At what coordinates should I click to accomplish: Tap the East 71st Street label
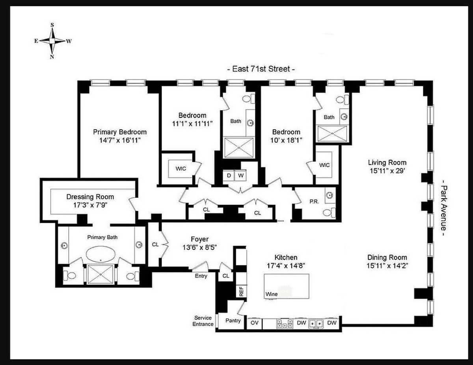click(x=261, y=69)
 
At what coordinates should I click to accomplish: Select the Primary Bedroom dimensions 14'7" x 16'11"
click(x=119, y=140)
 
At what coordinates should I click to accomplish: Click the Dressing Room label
click(x=90, y=197)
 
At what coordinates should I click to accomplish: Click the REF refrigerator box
click(x=241, y=291)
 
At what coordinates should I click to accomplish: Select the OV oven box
click(x=254, y=323)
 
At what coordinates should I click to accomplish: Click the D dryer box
click(x=229, y=175)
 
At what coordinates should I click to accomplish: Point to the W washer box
click(x=240, y=175)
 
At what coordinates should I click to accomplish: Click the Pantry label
click(x=233, y=321)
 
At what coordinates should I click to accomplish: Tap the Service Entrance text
click(x=203, y=321)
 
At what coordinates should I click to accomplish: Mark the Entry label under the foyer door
click(x=201, y=276)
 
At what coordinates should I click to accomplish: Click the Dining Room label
click(x=387, y=258)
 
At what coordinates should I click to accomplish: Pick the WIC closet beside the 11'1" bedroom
click(x=181, y=168)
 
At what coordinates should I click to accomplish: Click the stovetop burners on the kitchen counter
click(x=284, y=323)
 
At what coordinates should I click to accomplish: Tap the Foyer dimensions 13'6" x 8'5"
click(x=199, y=247)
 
